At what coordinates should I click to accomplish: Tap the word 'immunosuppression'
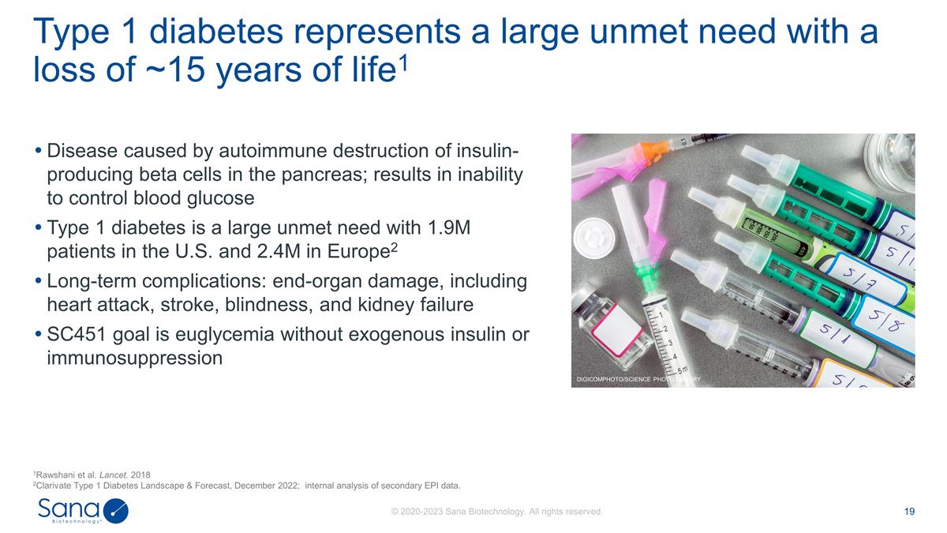click(135, 358)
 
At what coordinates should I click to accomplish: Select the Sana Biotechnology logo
click(83, 510)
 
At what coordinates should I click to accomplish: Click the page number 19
click(909, 512)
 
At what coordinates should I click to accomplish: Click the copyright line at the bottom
click(497, 512)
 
